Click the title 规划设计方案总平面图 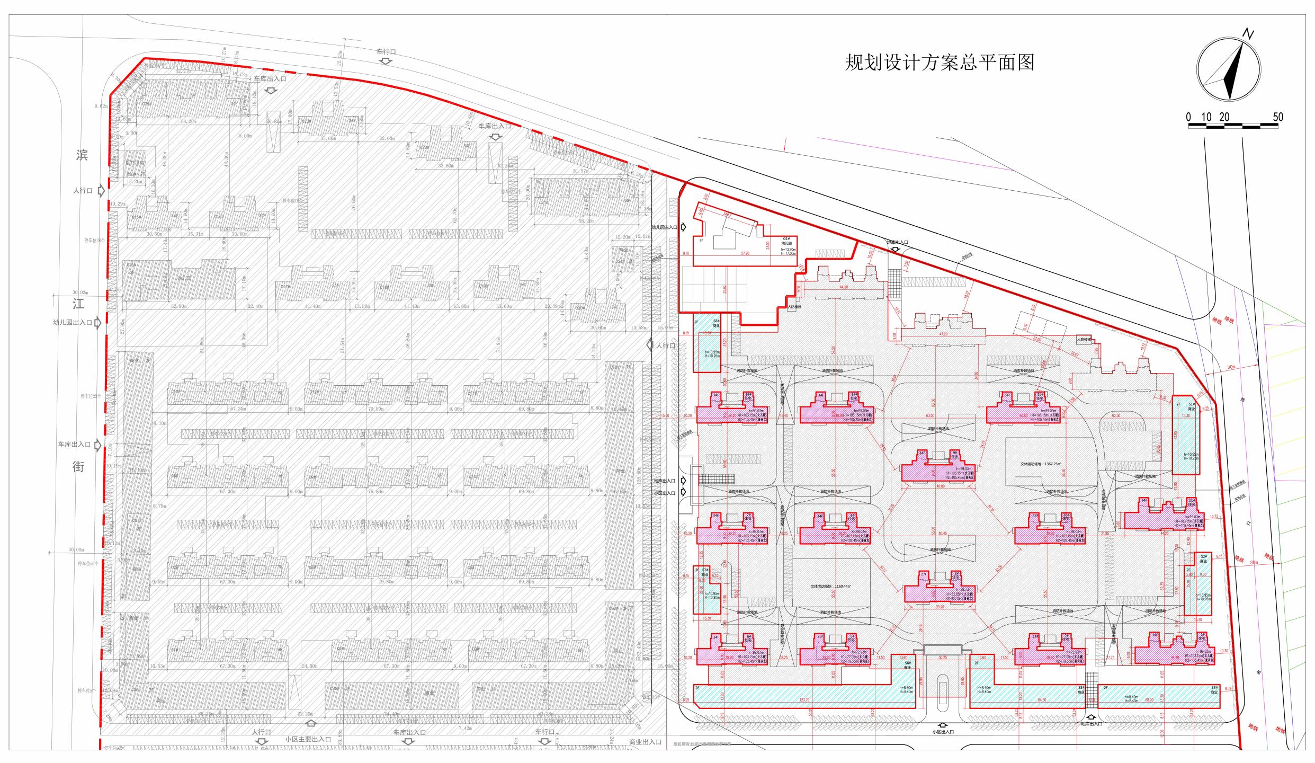[939, 63]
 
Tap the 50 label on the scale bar [1277, 117]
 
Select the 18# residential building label [748, 397]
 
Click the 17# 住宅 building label [854, 397]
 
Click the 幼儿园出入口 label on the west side [73, 322]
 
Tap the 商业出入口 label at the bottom [645, 742]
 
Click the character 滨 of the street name [82, 155]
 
